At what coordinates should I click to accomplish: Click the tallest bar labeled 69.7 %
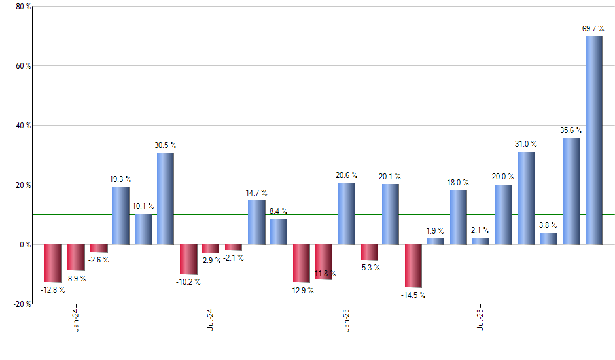point(594,140)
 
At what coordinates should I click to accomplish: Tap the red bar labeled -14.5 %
point(413,266)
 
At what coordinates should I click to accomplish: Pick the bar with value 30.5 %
point(166,199)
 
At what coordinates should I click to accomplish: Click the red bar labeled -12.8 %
point(53,263)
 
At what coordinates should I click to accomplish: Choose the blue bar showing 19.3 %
point(120,215)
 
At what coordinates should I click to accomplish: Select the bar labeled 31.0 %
point(527,198)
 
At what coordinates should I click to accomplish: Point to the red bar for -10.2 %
point(188,259)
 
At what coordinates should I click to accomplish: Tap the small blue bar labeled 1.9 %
point(436,242)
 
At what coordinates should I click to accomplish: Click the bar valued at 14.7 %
point(256,223)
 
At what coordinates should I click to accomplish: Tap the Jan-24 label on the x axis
point(77,320)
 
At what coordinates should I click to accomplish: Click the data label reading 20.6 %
point(347,175)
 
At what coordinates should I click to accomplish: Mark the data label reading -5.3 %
point(370,267)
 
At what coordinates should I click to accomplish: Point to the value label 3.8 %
point(549,226)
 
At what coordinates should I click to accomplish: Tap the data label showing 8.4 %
point(279,211)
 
